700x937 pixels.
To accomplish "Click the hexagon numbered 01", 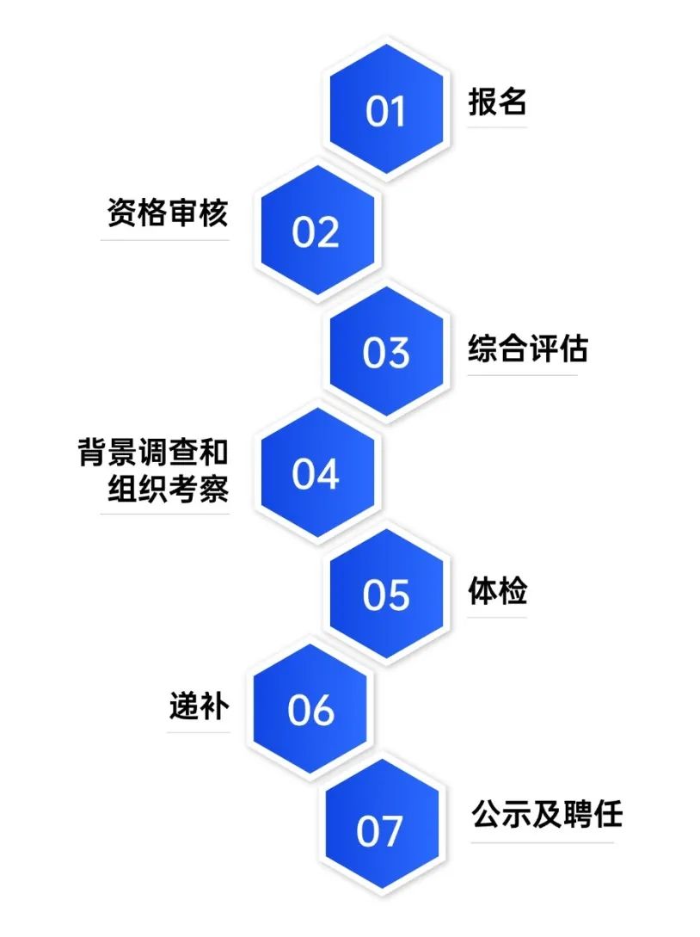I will [386, 110].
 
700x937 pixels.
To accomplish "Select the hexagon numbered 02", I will [316, 232].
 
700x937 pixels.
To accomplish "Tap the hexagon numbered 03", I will [386, 353].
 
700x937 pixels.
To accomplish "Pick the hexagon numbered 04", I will [316, 474].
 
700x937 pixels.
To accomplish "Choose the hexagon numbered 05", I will [386, 595].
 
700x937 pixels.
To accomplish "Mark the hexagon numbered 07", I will [380, 830].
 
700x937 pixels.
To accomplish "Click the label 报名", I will [497, 102].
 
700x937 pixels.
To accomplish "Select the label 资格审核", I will [168, 213].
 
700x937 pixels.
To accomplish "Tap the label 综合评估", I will [528, 348].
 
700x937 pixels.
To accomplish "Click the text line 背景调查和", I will [153, 453].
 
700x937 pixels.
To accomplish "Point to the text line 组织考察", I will [168, 489].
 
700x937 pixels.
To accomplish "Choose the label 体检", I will [497, 591].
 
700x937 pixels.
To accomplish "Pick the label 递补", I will [199, 707].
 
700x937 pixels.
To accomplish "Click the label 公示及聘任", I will [546, 813].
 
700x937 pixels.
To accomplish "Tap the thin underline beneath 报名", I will [497, 128].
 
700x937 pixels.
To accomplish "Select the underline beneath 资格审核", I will [165, 240].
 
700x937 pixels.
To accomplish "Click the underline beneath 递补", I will [199, 733].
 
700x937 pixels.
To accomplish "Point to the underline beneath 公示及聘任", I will [543, 842].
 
